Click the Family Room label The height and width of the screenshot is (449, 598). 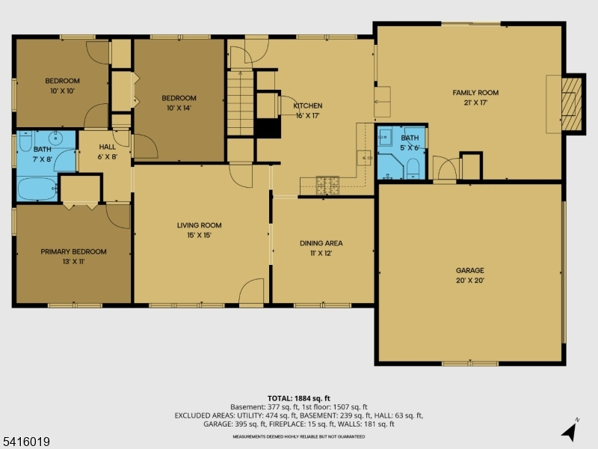(475, 92)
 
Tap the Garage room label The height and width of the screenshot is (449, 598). (470, 270)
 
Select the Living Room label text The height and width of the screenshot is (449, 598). (199, 225)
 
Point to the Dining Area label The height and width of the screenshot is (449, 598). (321, 243)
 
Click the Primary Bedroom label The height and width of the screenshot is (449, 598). (73, 251)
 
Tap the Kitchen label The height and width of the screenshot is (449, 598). (308, 106)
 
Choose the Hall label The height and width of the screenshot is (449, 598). (107, 147)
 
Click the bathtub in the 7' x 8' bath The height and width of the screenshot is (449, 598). (37, 189)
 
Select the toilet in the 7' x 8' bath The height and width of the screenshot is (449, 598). (26, 141)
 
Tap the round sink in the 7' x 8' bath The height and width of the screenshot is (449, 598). (55, 138)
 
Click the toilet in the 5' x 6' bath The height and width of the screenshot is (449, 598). (413, 168)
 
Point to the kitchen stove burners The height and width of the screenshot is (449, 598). (327, 185)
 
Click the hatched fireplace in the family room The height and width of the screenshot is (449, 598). (571, 104)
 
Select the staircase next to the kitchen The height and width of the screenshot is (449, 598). (240, 103)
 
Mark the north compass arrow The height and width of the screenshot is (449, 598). (569, 432)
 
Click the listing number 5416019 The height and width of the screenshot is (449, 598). (25, 442)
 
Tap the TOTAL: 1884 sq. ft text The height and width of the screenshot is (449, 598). (298, 399)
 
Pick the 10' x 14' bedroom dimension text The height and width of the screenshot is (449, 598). (179, 108)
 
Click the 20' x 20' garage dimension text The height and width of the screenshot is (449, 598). (470, 280)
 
